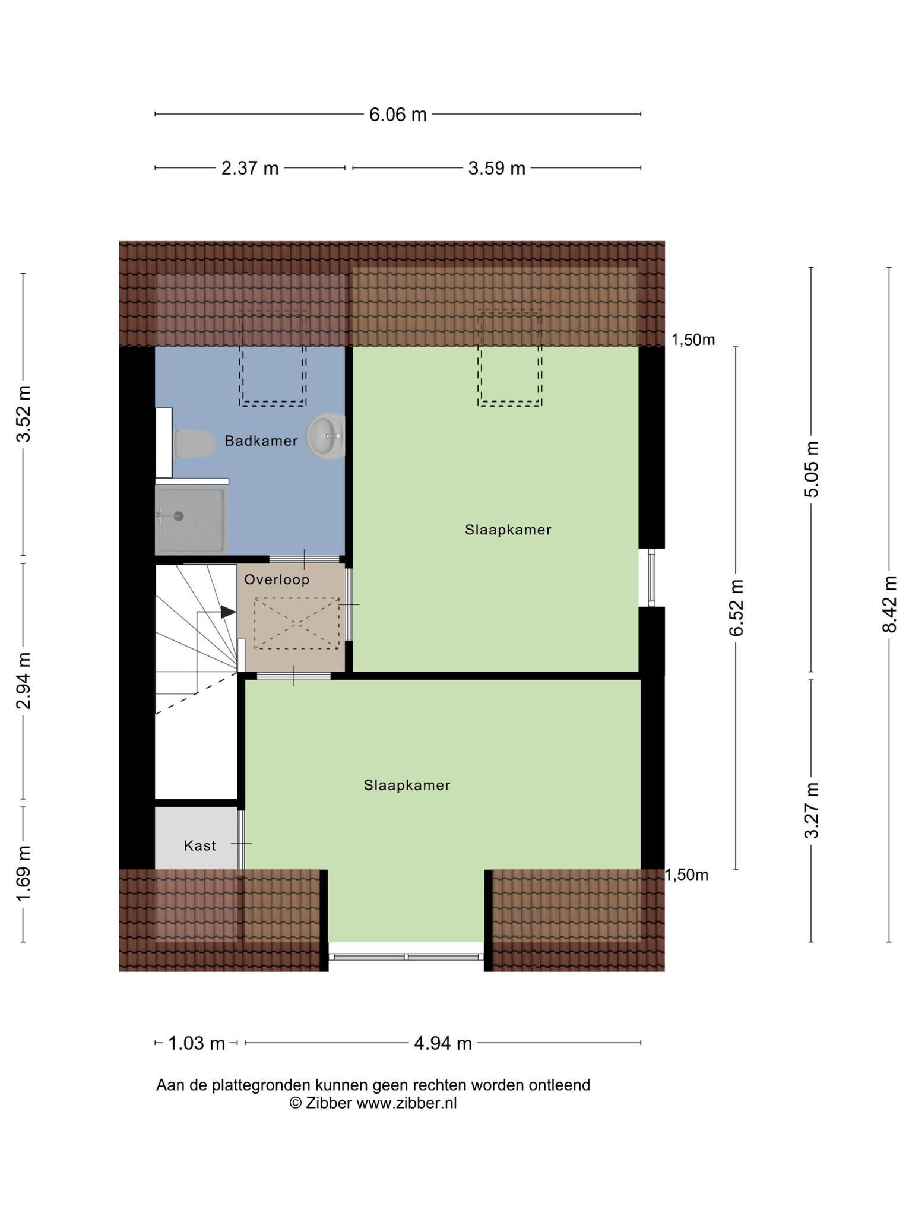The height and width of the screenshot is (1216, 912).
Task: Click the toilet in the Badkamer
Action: coord(195,444)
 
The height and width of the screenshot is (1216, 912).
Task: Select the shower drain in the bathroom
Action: coord(179,516)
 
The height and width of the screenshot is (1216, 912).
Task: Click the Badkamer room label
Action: coord(261,441)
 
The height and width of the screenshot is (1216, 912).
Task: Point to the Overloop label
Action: coord(277,579)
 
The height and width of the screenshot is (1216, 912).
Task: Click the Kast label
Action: coord(200,845)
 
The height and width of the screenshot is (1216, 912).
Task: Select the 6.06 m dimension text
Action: coord(398,114)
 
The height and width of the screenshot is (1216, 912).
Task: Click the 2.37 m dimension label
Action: coord(250,169)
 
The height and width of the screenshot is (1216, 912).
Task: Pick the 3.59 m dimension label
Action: coord(497,169)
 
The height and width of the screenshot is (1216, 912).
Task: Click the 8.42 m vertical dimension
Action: coord(889,604)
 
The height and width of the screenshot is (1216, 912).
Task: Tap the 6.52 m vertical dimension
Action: coord(736,607)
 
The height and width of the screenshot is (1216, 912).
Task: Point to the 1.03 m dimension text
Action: coord(197,1043)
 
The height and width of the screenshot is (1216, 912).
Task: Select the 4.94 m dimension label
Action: coord(443,1043)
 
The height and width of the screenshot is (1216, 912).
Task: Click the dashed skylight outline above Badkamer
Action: coord(273,358)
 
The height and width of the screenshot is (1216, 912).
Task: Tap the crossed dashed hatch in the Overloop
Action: coord(296,623)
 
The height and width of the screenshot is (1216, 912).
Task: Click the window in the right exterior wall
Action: coord(651,577)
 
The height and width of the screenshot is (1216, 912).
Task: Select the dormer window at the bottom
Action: coord(407,957)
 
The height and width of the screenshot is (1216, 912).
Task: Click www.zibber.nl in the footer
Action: coord(407,1103)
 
